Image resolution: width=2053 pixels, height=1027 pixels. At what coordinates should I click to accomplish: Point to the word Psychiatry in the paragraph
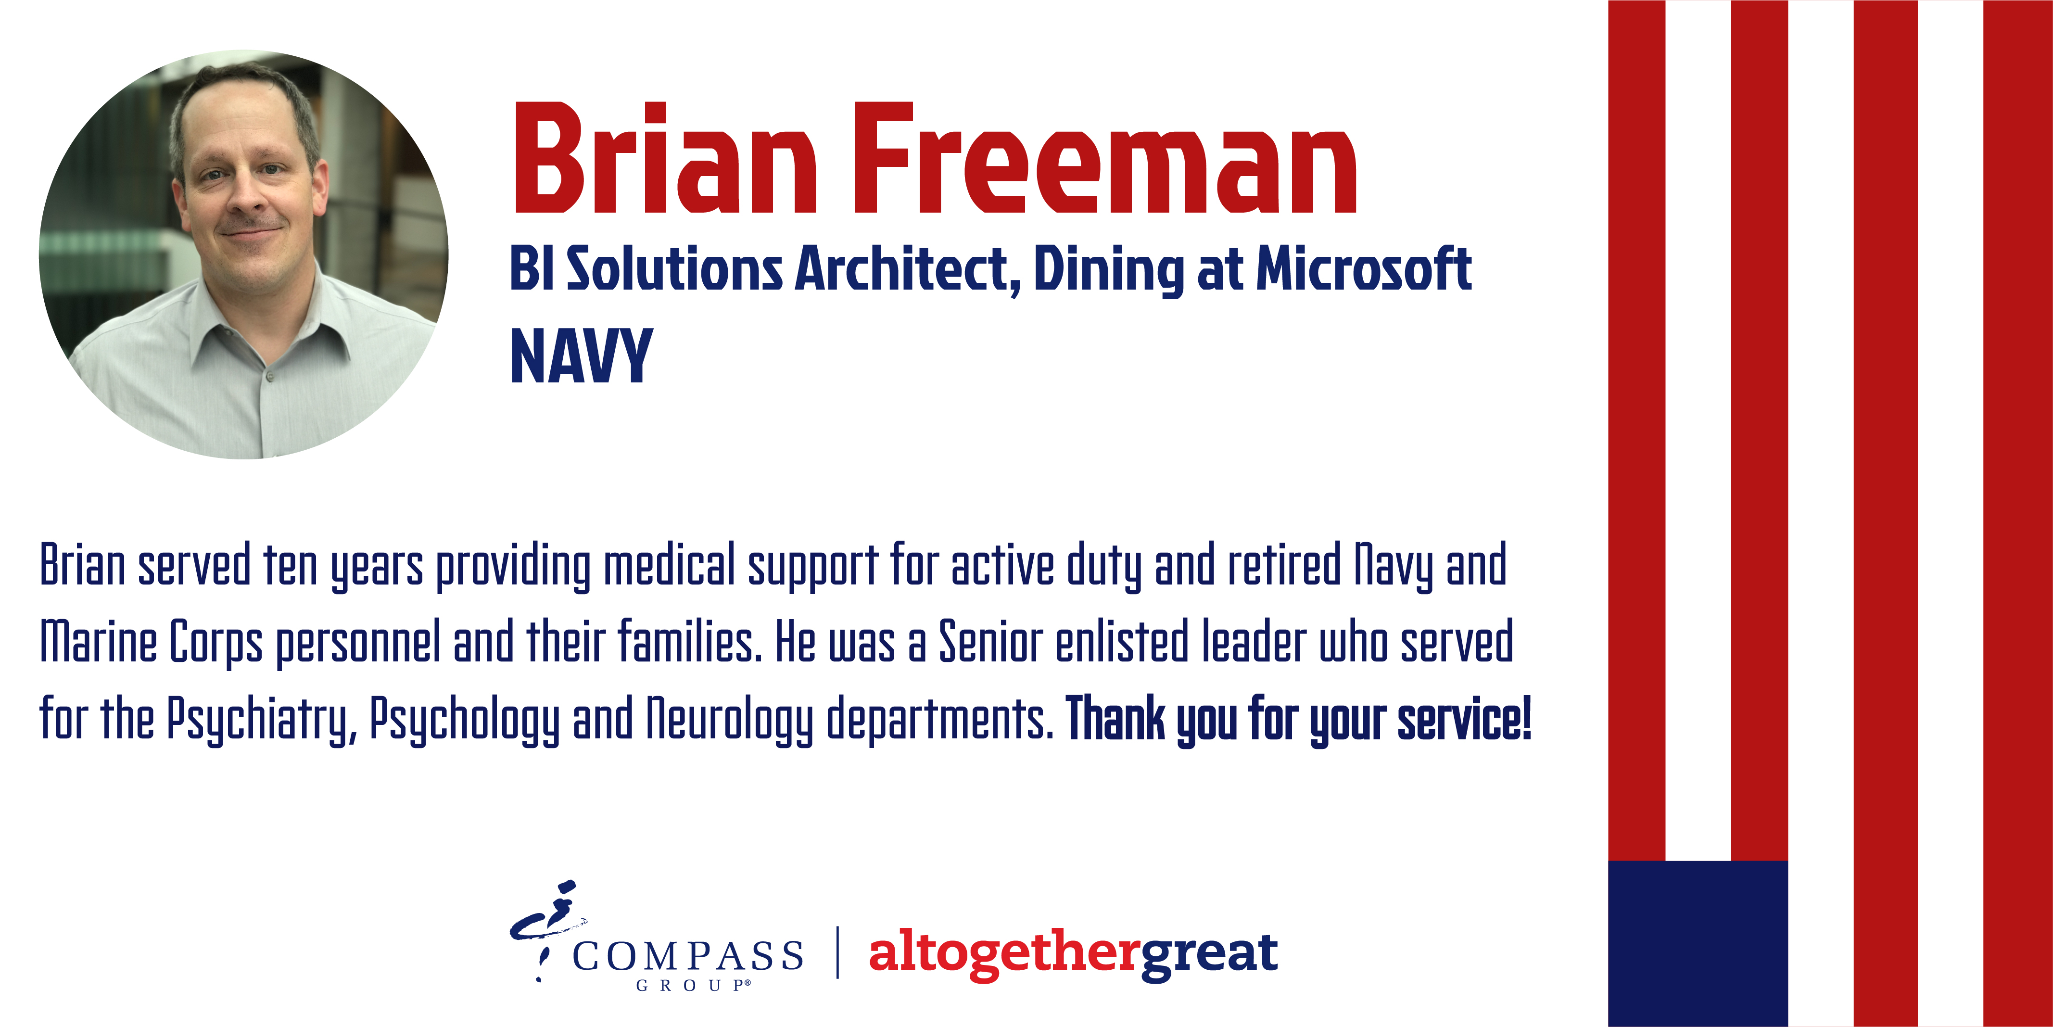[261, 720]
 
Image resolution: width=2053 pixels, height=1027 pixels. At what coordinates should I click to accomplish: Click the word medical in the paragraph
[669, 565]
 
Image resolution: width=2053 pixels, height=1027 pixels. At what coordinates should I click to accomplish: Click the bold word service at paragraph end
[1464, 720]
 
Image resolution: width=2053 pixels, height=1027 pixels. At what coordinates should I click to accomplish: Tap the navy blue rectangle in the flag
[1698, 943]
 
